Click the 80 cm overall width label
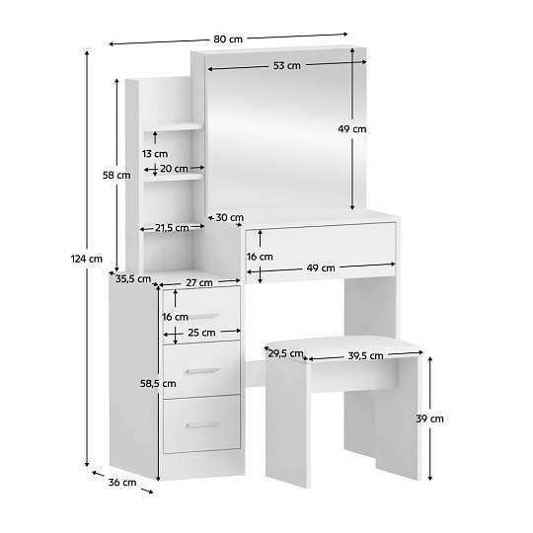click(x=228, y=39)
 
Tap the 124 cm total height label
click(x=86, y=259)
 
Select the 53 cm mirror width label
click(x=287, y=65)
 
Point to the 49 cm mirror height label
click(x=351, y=129)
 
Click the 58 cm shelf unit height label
click(x=116, y=176)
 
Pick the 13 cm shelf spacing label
click(x=155, y=154)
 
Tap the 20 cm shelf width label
click(x=174, y=169)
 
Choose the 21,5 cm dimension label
click(x=172, y=228)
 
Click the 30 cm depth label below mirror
click(x=229, y=217)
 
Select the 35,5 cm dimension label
click(x=133, y=279)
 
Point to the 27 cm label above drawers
click(x=199, y=283)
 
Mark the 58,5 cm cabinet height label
click(x=158, y=384)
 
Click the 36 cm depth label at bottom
click(x=122, y=483)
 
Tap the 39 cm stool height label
click(x=430, y=419)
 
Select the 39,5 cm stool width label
click(x=365, y=356)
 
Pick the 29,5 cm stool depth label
click(x=285, y=354)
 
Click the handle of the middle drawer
click(x=202, y=371)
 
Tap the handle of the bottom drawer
click(x=202, y=425)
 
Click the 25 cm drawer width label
click(x=201, y=333)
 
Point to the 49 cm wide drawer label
click(x=321, y=268)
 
